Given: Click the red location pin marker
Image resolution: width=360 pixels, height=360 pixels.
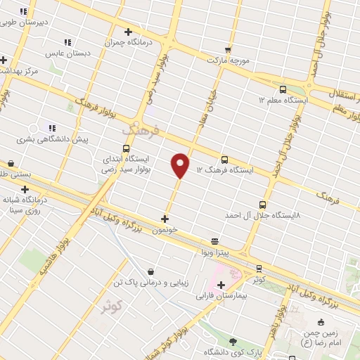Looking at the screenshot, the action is click(x=181, y=165).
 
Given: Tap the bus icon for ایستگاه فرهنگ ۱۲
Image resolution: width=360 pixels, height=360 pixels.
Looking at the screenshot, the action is click(x=224, y=160).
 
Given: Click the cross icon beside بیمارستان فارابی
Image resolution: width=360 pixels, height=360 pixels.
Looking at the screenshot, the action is click(x=221, y=285).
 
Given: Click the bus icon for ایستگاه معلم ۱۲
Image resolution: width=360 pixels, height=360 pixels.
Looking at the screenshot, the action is click(x=283, y=89).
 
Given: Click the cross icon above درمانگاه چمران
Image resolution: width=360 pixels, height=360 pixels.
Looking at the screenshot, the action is click(x=128, y=32).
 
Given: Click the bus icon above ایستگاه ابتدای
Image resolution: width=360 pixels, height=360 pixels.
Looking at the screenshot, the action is click(x=126, y=148).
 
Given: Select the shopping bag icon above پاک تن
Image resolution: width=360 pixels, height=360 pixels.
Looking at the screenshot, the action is click(x=150, y=271).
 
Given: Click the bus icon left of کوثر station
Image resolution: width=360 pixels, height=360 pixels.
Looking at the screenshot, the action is click(x=259, y=268).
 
